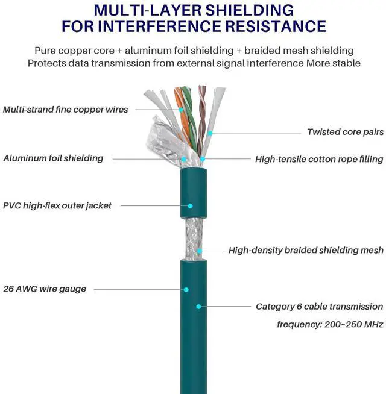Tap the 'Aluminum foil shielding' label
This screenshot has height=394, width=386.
pos(53,158)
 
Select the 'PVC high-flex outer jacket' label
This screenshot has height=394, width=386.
pos(57,205)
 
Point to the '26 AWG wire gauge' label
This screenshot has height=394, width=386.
pos(45,289)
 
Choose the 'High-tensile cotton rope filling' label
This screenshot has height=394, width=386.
pos(319,159)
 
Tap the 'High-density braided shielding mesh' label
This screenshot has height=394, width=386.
pos(306,250)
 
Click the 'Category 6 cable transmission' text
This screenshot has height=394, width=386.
pos(319,307)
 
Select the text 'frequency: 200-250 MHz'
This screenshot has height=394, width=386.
pos(330,324)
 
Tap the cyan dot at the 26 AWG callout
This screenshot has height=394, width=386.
pos(186,289)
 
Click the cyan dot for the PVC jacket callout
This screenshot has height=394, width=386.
pos(189,205)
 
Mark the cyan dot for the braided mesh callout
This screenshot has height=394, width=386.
pos(200,250)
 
